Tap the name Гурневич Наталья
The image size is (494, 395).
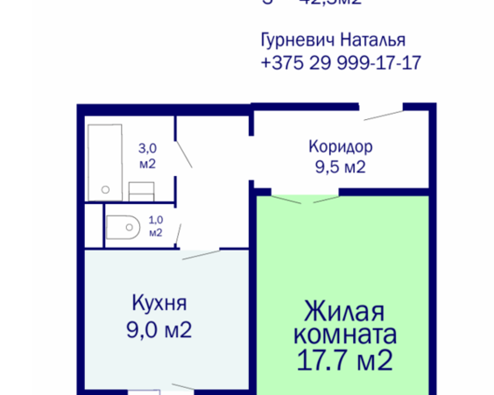click(335, 40)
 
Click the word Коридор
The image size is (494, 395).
click(341, 146)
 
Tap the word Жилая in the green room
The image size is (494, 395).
click(344, 311)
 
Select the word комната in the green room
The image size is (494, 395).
click(344, 335)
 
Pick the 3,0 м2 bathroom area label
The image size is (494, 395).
click(147, 156)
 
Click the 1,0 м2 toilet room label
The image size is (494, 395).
click(155, 227)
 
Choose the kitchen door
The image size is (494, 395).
click(201, 255)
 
